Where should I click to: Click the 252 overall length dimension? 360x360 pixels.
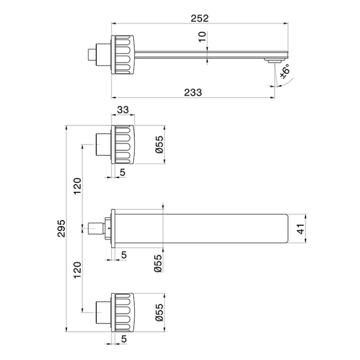tap(199, 18)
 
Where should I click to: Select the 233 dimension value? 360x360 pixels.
tap(193, 92)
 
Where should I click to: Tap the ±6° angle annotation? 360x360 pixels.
tap(285, 72)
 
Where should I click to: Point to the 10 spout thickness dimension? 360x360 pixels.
tap(202, 37)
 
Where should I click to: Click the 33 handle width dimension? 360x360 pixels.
tap(123, 110)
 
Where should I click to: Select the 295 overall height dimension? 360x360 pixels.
tap(61, 229)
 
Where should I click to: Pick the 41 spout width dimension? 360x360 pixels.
tap(300, 229)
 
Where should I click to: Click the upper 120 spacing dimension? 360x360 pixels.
tap(77, 186)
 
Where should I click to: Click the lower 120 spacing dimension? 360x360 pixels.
tap(77, 270)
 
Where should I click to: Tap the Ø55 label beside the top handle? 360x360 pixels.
tap(159, 145)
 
